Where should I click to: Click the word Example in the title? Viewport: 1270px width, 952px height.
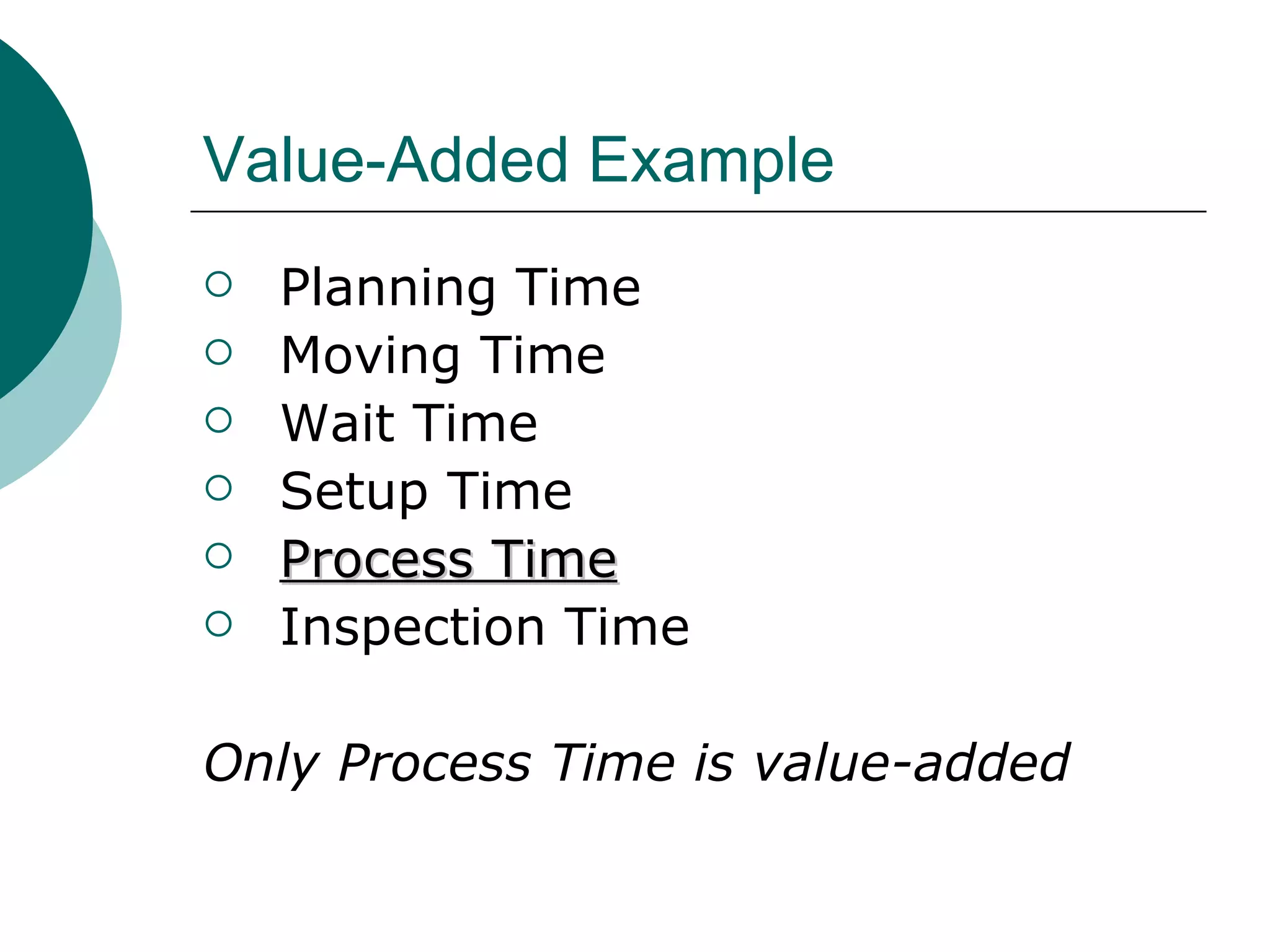click(x=711, y=161)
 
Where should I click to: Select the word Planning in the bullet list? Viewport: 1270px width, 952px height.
click(x=388, y=288)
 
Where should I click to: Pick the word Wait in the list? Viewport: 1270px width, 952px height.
click(x=338, y=424)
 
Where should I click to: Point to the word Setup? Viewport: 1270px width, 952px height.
click(x=354, y=492)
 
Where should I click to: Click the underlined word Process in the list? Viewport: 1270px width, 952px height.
click(x=377, y=560)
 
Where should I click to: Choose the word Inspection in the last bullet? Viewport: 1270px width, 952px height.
click(x=412, y=628)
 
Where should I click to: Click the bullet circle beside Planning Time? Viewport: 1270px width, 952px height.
click(x=218, y=284)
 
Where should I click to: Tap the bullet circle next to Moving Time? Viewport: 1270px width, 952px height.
click(x=218, y=352)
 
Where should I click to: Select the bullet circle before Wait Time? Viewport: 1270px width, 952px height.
click(x=218, y=420)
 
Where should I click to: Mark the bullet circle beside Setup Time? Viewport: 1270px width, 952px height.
click(x=218, y=488)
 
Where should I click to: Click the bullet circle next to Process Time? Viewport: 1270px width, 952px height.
click(x=218, y=556)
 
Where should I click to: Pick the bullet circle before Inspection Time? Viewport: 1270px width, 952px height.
click(x=218, y=624)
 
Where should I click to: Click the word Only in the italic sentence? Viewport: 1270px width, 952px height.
click(x=261, y=764)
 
